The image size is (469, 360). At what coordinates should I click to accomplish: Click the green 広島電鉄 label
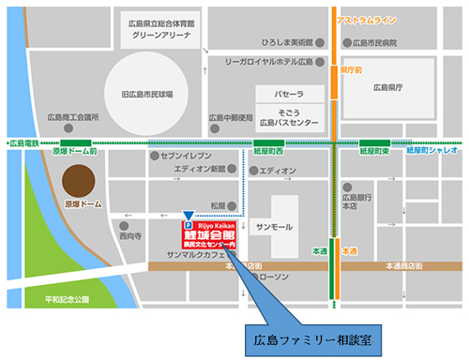tap(23, 143)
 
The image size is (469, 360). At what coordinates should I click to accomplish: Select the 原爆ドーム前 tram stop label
tap(75, 152)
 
